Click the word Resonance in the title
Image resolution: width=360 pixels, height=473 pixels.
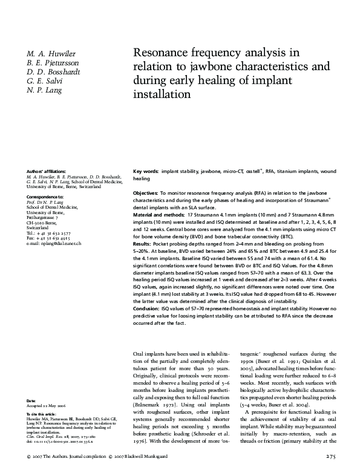coord(159,53)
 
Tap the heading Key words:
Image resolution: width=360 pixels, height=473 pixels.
coord(146,172)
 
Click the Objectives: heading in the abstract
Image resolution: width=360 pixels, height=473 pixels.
coord(146,192)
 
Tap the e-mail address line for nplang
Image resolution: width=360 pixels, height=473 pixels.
coord(54,243)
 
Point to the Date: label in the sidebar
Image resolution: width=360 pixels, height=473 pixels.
coord(31,401)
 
